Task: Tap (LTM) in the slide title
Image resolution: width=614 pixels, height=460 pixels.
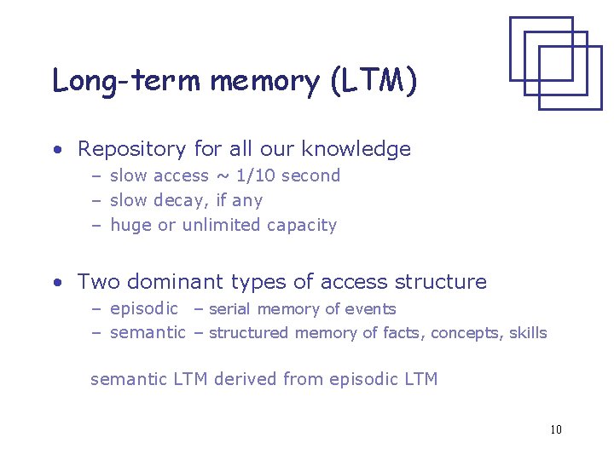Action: coord(370,81)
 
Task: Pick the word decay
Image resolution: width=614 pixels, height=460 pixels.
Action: coord(187,201)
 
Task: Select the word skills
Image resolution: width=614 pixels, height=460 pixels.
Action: coord(528,333)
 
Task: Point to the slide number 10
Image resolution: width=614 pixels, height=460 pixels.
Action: coord(556,429)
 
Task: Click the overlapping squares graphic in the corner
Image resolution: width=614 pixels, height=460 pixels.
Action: coord(555,62)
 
